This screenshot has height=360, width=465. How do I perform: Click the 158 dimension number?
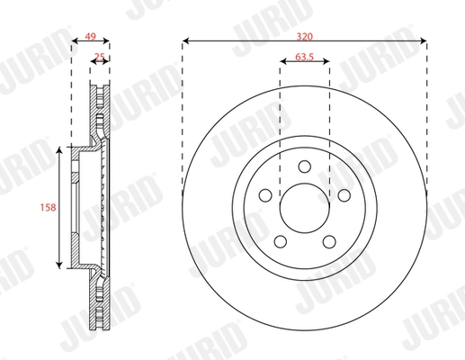click(x=49, y=208)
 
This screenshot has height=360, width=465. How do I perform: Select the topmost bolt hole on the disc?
click(x=305, y=166)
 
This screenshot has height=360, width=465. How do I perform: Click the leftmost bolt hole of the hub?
click(x=265, y=194)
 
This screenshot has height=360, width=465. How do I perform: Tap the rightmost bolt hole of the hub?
click(x=344, y=194)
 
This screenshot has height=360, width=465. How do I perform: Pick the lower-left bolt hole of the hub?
click(x=281, y=240)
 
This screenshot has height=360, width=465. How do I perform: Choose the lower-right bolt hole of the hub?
click(x=329, y=240)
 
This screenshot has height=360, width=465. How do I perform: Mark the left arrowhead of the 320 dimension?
click(x=185, y=40)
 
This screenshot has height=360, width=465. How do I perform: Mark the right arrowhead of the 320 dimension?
click(x=424, y=40)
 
